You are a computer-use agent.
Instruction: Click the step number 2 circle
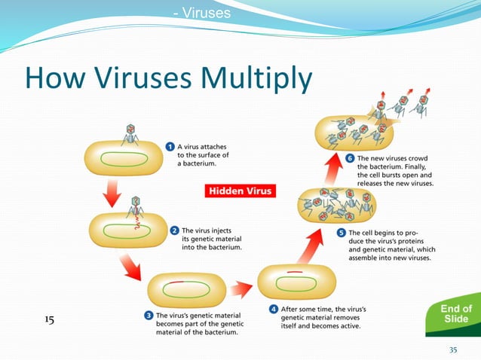(x=174, y=230)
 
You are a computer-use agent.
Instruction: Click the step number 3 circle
(x=149, y=316)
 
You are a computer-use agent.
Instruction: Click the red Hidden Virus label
(x=240, y=191)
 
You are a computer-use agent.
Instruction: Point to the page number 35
(x=453, y=349)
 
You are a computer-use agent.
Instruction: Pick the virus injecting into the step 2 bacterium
(x=136, y=208)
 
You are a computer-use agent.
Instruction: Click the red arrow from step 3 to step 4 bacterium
(x=240, y=288)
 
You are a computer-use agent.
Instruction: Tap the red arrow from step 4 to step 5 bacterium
(x=294, y=246)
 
